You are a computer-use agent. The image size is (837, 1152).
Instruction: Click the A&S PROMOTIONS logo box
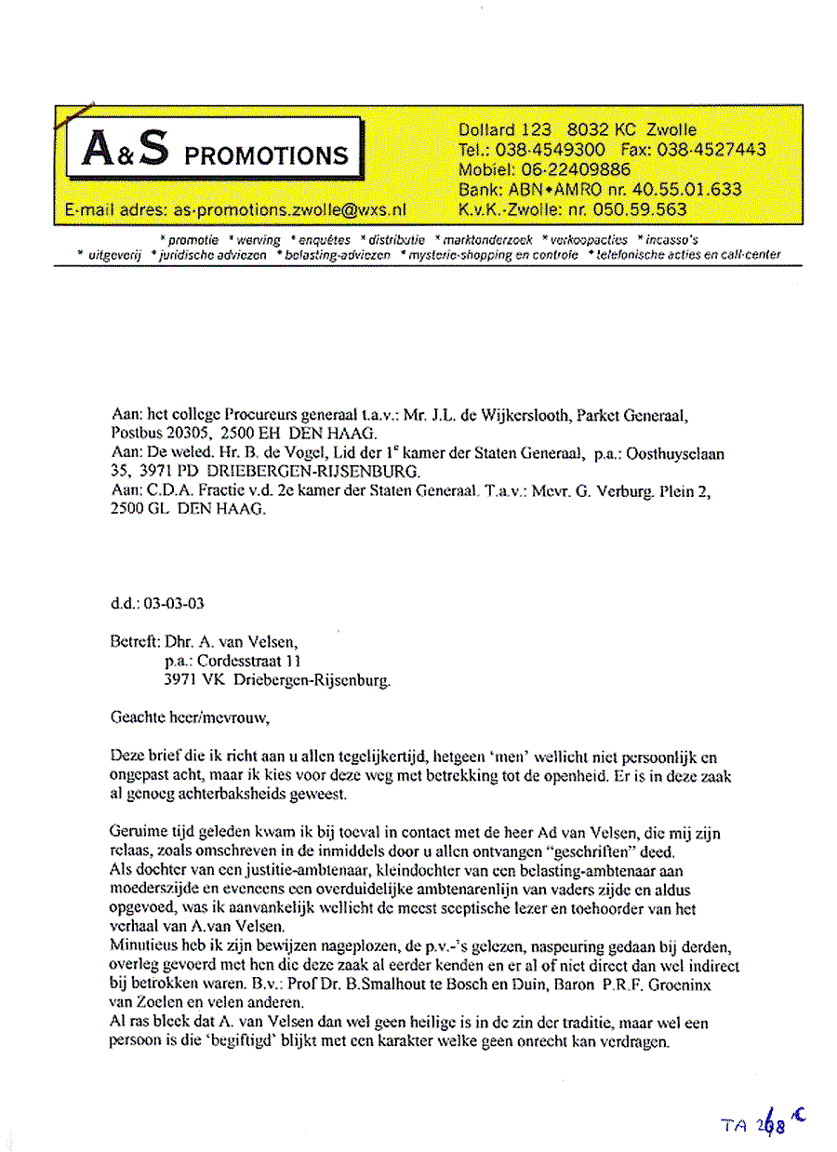(215, 150)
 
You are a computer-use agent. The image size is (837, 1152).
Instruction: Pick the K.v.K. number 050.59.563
(631, 210)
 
